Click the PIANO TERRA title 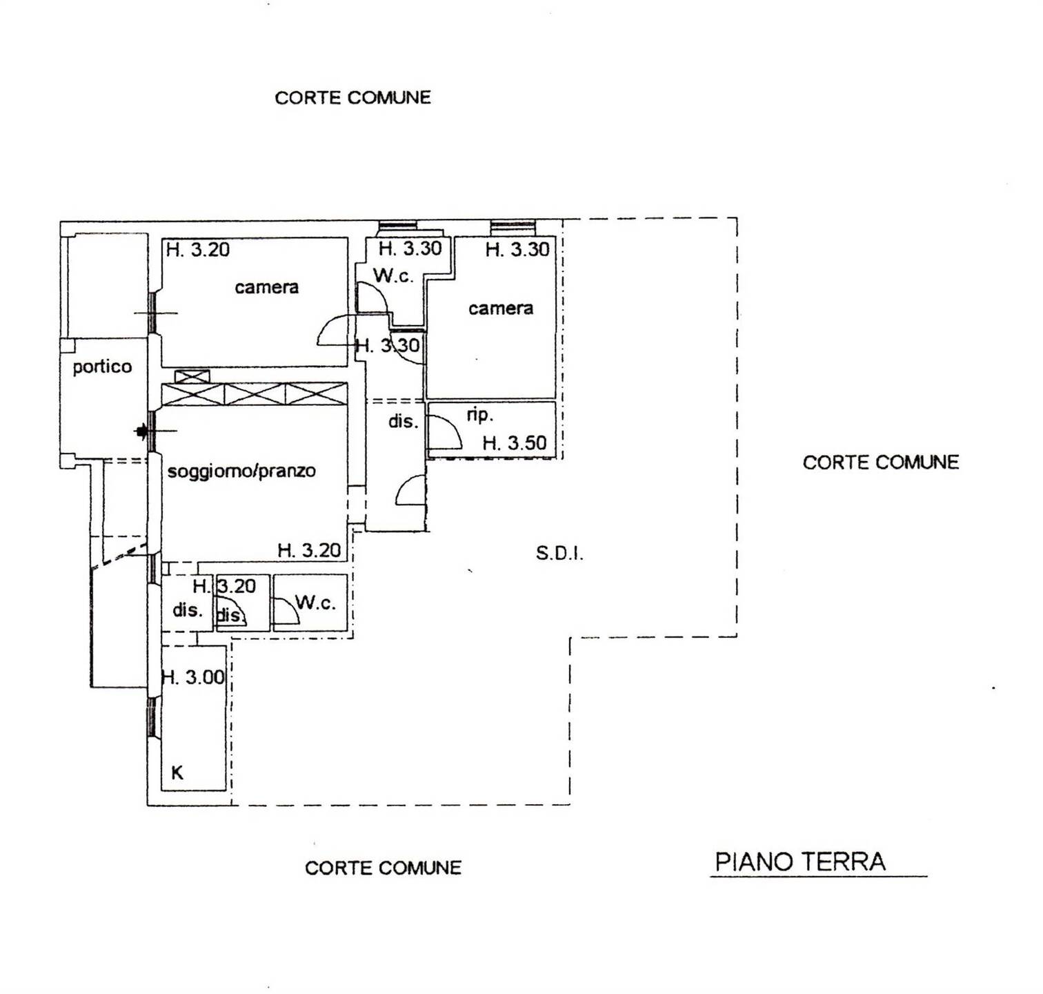click(x=800, y=861)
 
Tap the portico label click(x=102, y=367)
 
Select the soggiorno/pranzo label click(x=241, y=471)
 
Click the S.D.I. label click(x=559, y=553)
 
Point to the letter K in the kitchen click(x=177, y=773)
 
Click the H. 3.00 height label click(x=193, y=677)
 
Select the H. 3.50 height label click(x=515, y=442)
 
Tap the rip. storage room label click(x=479, y=415)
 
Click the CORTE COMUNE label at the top click(x=352, y=98)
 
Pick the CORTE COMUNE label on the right click(x=880, y=462)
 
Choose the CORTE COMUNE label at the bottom click(x=383, y=868)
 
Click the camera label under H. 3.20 click(x=266, y=287)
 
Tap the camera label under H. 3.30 click(x=500, y=309)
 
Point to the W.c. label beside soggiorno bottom click(x=315, y=603)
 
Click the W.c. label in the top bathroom click(x=393, y=276)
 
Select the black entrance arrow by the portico click(x=141, y=432)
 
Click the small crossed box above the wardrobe click(x=192, y=376)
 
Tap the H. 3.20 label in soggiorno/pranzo click(x=309, y=550)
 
